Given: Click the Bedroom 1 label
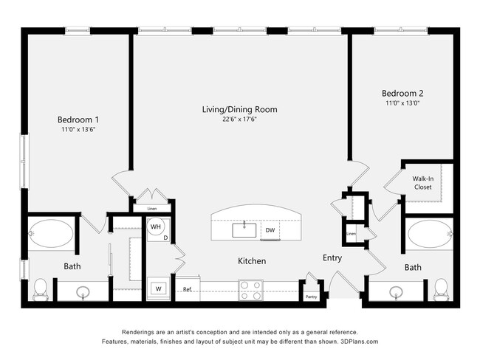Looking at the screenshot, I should pos(78,120).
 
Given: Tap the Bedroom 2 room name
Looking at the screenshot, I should pos(402,94).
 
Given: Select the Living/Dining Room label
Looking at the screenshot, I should pos(240,109).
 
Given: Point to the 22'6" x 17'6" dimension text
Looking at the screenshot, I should pos(240,119).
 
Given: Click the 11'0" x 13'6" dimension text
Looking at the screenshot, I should pos(78,129).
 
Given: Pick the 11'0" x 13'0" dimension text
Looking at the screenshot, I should pos(402,104).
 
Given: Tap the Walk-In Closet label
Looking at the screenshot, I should pos(422,183).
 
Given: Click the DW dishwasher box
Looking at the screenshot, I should pos(270,231).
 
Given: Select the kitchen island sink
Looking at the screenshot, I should pos(244,230).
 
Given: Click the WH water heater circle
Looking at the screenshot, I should pos(157,227).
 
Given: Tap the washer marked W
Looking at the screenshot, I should pos(158,288).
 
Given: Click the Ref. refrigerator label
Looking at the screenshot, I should pos(188,289).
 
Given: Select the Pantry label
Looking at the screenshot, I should pos(311,297).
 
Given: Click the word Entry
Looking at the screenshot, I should pos(332,257).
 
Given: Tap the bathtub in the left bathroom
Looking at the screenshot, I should pos(51,234).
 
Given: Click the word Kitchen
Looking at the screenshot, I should pos(251,261).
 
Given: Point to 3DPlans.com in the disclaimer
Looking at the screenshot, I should pos(356,342).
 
